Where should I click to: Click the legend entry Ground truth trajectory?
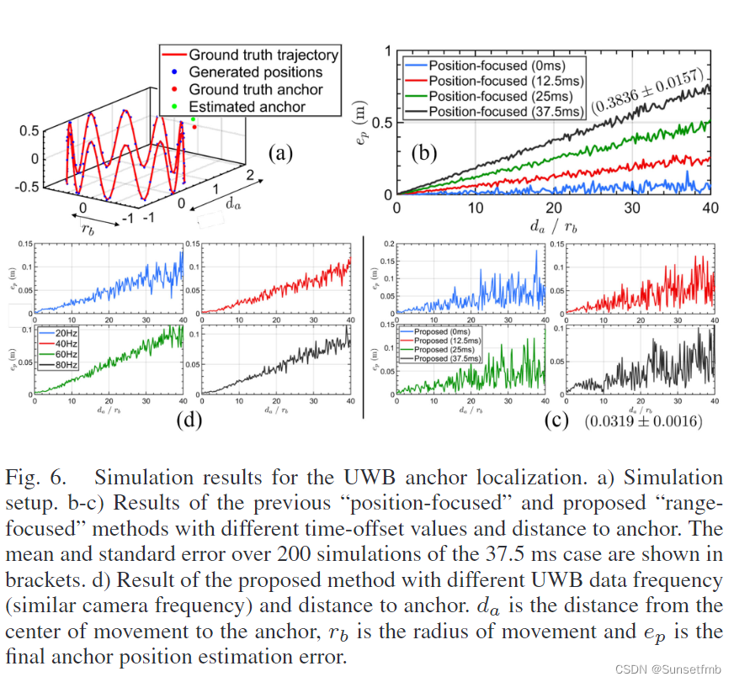[263, 55]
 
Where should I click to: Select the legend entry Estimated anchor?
[247, 107]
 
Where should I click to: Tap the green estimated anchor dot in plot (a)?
[194, 120]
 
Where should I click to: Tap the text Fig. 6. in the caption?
[35, 478]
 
